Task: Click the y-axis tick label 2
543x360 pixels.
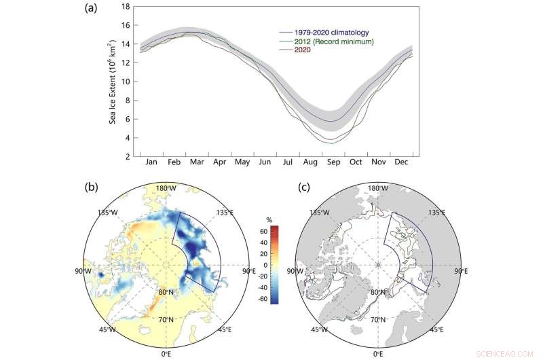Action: click(127, 157)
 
